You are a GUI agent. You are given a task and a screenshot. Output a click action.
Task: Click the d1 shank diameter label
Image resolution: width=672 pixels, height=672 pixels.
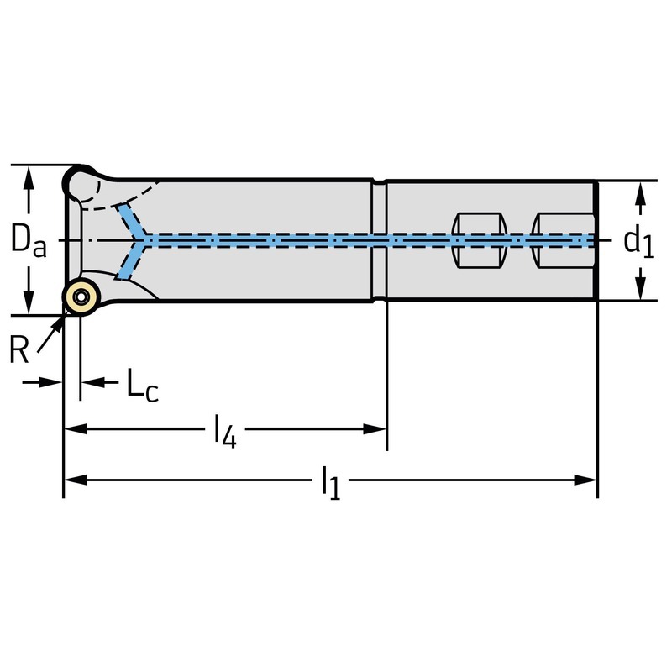(x=638, y=241)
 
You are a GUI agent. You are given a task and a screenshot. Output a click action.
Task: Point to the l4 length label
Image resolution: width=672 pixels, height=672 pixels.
(x=223, y=432)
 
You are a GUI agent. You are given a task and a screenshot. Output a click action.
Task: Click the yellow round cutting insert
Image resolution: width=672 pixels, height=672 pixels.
(x=81, y=297)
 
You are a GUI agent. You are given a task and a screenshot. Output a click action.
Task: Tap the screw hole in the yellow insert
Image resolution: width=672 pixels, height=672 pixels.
(x=81, y=297)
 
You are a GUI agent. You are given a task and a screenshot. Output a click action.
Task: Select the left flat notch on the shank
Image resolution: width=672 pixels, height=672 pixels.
(x=479, y=240)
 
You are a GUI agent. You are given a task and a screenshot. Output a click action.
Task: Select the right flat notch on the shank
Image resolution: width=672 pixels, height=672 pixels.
(x=561, y=240)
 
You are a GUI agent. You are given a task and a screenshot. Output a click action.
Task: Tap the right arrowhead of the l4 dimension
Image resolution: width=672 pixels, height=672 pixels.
(x=377, y=429)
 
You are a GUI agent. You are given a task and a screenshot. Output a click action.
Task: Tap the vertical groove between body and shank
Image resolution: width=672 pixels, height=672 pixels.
(x=379, y=240)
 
